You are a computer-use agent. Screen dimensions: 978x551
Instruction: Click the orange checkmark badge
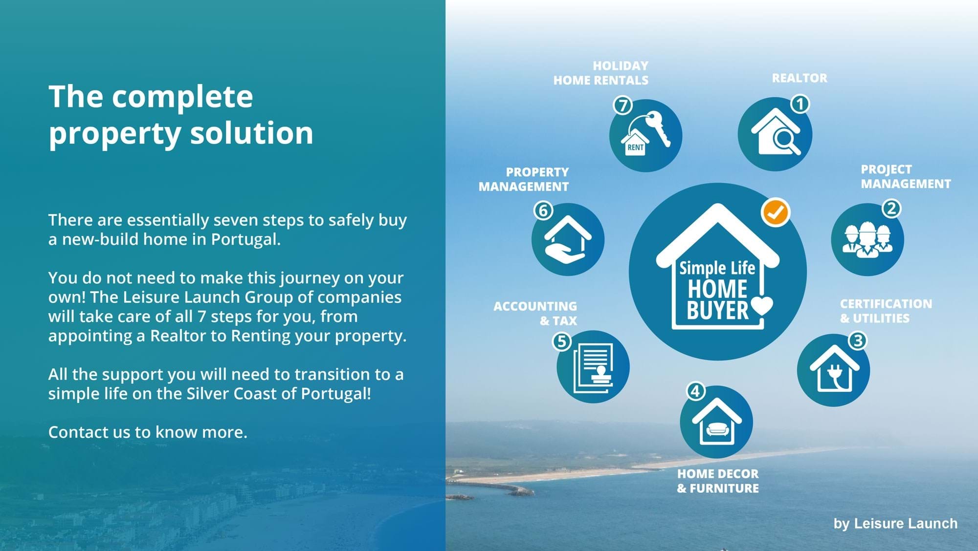775,212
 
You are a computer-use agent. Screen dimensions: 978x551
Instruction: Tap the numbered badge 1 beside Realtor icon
800,104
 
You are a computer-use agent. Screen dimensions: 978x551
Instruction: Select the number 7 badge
622,105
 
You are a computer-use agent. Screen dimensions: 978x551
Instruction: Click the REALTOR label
800,78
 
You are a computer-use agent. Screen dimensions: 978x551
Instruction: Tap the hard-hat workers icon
867,240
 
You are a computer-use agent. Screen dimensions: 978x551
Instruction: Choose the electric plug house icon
834,369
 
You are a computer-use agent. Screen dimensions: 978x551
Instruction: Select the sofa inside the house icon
717,429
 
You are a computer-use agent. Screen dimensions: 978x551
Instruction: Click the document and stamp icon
593,367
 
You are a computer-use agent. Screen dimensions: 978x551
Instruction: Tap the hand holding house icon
568,240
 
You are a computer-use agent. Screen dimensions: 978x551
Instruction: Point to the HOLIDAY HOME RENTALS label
601,73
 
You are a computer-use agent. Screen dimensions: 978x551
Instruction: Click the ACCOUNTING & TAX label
535,313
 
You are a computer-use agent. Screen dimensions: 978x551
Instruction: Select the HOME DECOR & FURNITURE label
718,481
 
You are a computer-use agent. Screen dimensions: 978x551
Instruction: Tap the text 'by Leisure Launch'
895,523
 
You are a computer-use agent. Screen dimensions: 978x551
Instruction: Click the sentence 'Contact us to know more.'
148,432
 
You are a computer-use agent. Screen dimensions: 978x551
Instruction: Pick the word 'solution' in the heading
251,133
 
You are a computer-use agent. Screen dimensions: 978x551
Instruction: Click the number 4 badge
695,391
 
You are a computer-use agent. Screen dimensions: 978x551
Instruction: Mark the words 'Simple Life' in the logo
717,268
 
